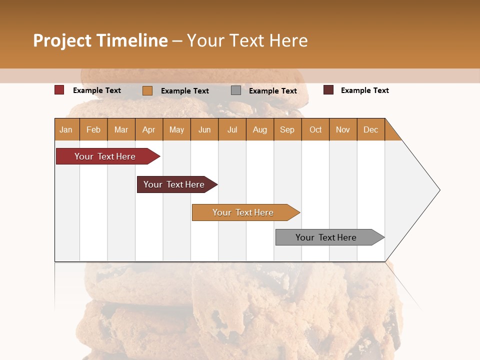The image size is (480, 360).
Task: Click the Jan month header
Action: tap(66, 129)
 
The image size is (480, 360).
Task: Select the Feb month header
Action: tap(93, 129)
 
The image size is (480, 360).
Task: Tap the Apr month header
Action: tap(149, 129)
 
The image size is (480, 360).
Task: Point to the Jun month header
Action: tap(204, 129)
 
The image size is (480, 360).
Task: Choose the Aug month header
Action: tap(260, 129)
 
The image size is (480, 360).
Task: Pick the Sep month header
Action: tap(287, 129)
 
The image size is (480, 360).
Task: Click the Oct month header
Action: tap(315, 129)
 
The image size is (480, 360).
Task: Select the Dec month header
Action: tap(371, 129)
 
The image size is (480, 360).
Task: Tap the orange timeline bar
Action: tap(243, 212)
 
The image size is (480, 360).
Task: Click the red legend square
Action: tap(59, 90)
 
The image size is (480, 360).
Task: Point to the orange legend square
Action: tap(147, 90)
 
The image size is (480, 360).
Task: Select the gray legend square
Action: tap(236, 90)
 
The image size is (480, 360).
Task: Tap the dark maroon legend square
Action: tap(328, 90)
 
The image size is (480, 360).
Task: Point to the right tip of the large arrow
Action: tap(438, 190)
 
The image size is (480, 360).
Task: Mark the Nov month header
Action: tap(343, 129)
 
